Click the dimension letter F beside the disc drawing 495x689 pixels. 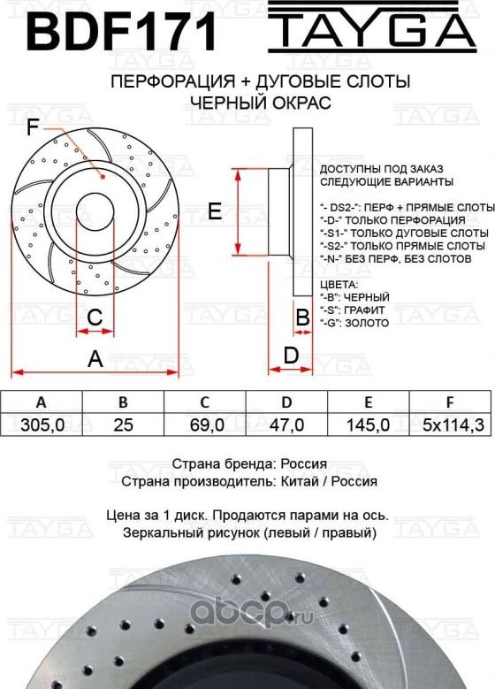tap(33, 129)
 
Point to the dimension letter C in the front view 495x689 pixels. tap(95, 317)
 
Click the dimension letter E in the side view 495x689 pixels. tap(214, 211)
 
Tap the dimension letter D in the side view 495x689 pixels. tap(290, 356)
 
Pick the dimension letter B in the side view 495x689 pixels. tap(301, 317)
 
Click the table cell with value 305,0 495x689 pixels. tap(42, 425)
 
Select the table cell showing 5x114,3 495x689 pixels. tap(452, 425)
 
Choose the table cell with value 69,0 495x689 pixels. tap(205, 425)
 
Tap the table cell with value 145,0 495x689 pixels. tap(369, 425)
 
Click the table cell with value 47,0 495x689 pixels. tap(286, 425)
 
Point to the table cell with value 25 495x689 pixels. tap(124, 425)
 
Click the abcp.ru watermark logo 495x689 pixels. tap(432, 611)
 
